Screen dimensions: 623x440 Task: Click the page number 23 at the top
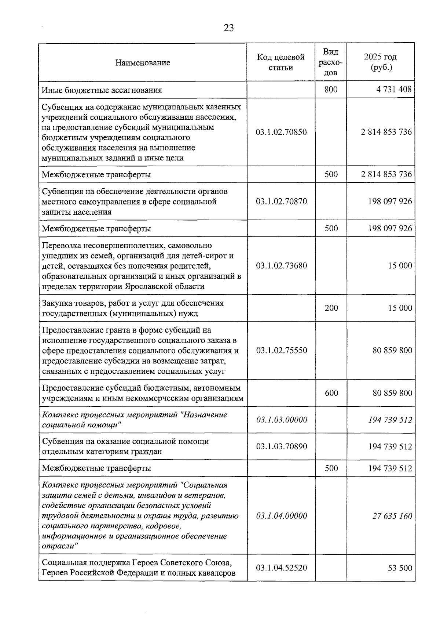click(228, 28)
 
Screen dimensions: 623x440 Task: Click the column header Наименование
click(143, 63)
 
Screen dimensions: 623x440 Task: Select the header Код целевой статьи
click(281, 62)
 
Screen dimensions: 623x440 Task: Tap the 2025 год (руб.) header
click(380, 62)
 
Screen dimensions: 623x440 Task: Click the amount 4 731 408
click(394, 90)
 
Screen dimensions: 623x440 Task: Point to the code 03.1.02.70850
click(281, 132)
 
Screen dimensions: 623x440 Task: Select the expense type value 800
click(331, 90)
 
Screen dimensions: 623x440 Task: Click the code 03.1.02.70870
click(281, 202)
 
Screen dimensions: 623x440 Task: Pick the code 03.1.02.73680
click(281, 266)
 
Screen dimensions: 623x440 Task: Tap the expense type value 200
click(331, 308)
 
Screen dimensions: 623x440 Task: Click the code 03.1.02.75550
click(281, 351)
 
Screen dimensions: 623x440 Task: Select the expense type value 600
click(331, 393)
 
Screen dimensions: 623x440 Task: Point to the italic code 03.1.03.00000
click(281, 420)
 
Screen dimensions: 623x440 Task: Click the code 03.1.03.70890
click(281, 447)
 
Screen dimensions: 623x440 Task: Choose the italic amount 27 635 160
click(392, 516)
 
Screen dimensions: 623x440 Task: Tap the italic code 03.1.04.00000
click(281, 516)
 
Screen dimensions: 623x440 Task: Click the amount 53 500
click(400, 568)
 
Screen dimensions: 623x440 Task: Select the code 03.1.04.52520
click(281, 568)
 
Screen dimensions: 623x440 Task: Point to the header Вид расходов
click(331, 62)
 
